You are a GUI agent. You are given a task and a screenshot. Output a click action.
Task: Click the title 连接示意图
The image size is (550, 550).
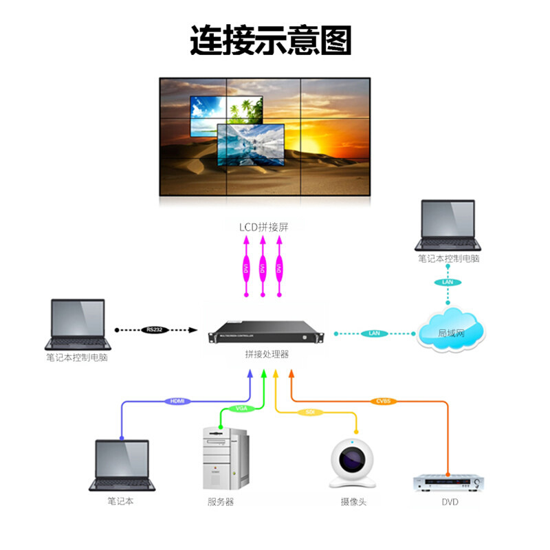tap(270, 41)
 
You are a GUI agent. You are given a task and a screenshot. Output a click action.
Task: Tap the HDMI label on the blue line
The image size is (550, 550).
tap(176, 401)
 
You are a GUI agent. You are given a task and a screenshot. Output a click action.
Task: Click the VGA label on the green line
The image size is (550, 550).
tap(241, 408)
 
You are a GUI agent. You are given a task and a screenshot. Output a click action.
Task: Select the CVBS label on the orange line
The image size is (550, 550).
tap(382, 401)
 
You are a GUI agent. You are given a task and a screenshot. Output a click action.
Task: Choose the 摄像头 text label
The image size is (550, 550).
tap(353, 502)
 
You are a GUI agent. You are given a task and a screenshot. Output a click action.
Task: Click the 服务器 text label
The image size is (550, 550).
tap(221, 502)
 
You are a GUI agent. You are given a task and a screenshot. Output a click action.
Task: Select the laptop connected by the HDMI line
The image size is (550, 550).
tap(122, 465)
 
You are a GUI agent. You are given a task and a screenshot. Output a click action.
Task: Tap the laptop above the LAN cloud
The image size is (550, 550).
tap(448, 225)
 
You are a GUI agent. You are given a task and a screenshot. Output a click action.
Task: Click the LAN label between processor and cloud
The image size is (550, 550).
tap(374, 333)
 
